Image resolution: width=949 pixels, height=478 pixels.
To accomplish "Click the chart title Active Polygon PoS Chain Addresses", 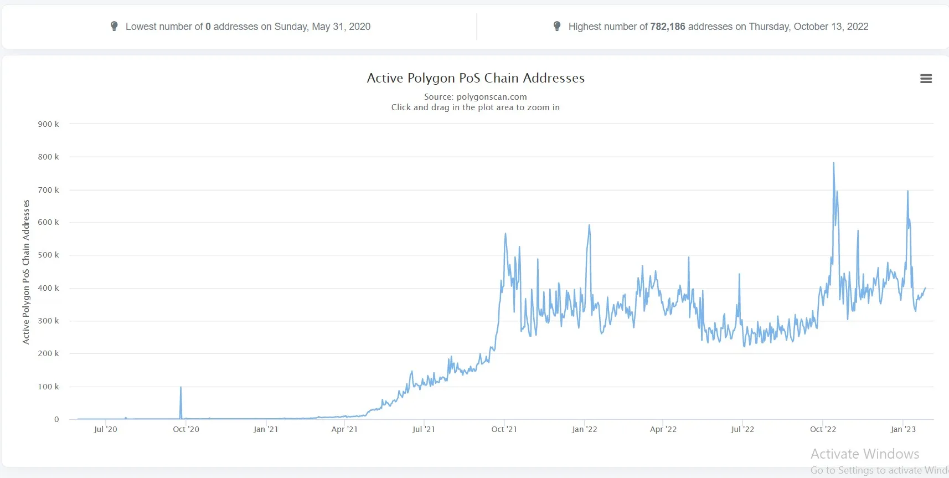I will pyautogui.click(x=476, y=78).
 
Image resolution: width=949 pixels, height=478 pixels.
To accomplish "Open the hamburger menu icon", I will pyautogui.click(x=926, y=79).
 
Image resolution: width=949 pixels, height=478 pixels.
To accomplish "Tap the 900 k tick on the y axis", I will pyautogui.click(x=48, y=124).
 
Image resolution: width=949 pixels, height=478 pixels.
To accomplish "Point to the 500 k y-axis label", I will pyautogui.click(x=48, y=255).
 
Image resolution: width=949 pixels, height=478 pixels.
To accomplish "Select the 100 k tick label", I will pyautogui.click(x=48, y=387).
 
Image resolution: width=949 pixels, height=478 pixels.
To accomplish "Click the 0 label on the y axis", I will pyautogui.click(x=56, y=419).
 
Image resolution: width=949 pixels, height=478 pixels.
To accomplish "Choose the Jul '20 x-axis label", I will pyautogui.click(x=105, y=429).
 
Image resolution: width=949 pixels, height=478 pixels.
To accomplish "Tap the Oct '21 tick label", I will pyautogui.click(x=504, y=429).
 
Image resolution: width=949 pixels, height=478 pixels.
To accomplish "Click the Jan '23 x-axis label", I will pyautogui.click(x=903, y=429).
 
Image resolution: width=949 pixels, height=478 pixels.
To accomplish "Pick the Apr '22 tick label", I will pyautogui.click(x=663, y=429).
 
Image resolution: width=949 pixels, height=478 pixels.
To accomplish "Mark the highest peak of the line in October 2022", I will pyautogui.click(x=834, y=163).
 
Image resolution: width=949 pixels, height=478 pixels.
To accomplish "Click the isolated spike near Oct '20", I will pyautogui.click(x=180, y=387).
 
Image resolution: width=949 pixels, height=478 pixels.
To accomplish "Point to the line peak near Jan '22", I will pyautogui.click(x=589, y=225).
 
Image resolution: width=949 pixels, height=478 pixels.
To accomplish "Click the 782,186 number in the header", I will pyautogui.click(x=668, y=27).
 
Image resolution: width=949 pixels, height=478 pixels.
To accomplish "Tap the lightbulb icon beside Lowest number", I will pyautogui.click(x=114, y=26).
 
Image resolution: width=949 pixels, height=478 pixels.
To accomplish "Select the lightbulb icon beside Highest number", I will pyautogui.click(x=557, y=26).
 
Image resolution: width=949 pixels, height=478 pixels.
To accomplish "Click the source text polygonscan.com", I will pyautogui.click(x=492, y=97).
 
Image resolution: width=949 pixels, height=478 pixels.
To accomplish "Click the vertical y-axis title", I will pyautogui.click(x=26, y=272).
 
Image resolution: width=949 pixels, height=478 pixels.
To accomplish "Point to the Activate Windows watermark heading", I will pyautogui.click(x=865, y=454).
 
